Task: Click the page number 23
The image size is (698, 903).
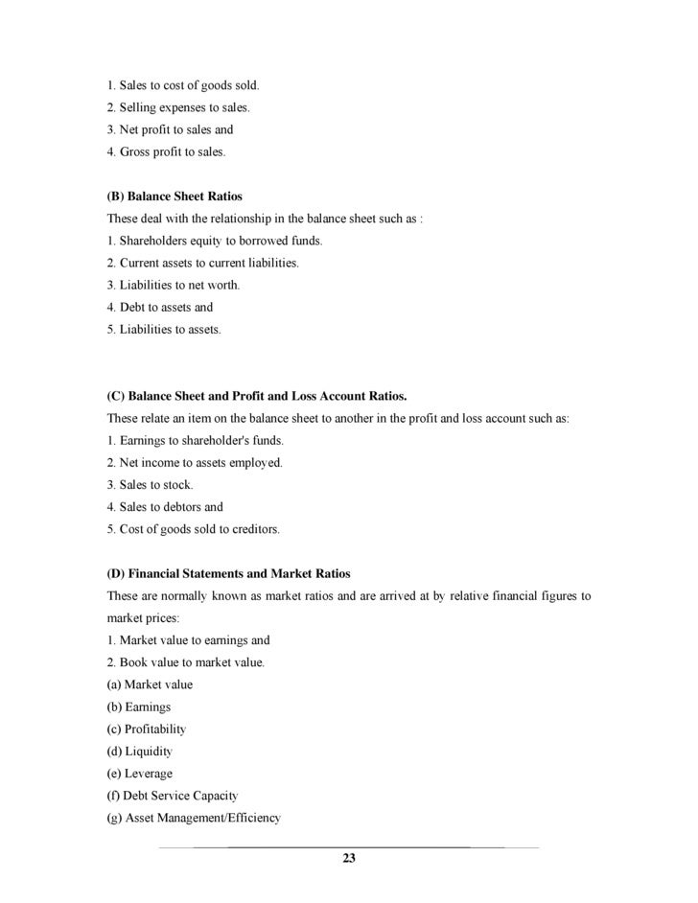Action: click(x=349, y=857)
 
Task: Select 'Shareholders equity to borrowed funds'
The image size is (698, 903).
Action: click(x=215, y=241)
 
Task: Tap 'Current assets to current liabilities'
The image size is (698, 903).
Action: click(x=202, y=263)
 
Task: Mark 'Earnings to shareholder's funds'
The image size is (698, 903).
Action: click(x=196, y=440)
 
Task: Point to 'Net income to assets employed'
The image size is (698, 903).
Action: click(x=195, y=463)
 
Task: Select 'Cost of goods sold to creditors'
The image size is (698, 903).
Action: click(x=193, y=529)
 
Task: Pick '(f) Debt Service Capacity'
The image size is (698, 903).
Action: click(x=172, y=796)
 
